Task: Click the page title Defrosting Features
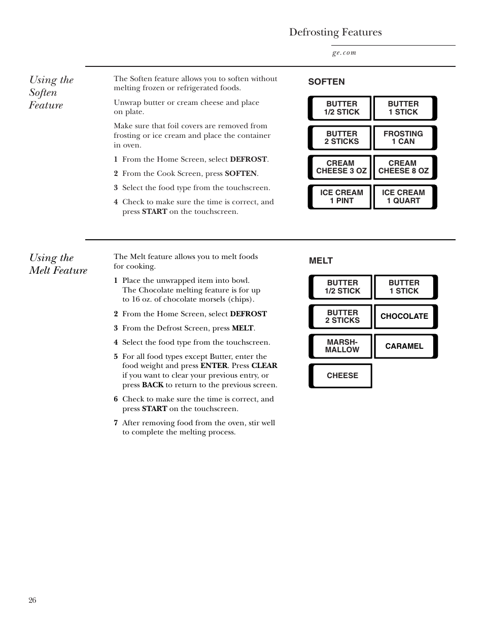[335, 32]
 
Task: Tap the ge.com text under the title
[344, 53]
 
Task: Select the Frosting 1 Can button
[404, 138]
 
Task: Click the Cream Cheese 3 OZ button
[340, 167]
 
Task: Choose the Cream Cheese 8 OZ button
[404, 167]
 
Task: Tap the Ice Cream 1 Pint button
[340, 197]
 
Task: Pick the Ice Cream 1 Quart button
[404, 197]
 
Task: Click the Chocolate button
[405, 316]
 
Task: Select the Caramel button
[405, 346]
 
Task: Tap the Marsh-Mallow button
[341, 346]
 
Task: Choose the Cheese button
[341, 376]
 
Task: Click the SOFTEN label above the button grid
[326, 82]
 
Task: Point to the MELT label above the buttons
[321, 261]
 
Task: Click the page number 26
[32, 600]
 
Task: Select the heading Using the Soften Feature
[51, 92]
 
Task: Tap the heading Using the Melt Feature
[58, 264]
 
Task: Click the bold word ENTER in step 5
[214, 365]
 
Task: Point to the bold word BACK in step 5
[152, 385]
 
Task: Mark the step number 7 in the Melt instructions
[116, 423]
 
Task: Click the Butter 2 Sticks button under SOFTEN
[340, 138]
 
